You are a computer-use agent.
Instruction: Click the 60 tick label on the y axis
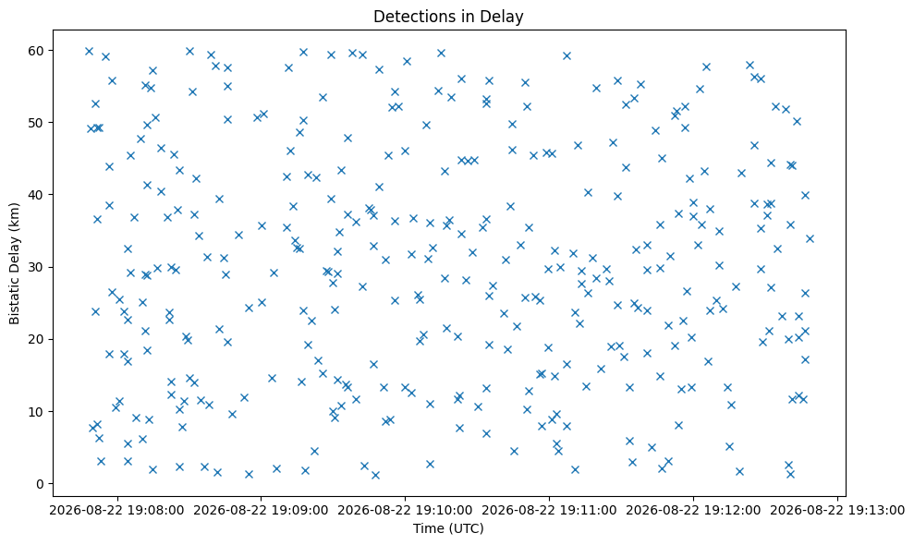(37, 51)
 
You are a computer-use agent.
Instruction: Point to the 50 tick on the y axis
(37, 123)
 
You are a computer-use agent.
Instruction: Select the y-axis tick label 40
(37, 195)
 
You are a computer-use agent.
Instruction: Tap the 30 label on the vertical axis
(37, 267)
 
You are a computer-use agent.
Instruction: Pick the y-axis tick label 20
(37, 339)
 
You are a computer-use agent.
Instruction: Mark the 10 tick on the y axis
(37, 411)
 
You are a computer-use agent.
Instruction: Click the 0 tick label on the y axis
(41, 484)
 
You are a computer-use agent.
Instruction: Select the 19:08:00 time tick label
(117, 511)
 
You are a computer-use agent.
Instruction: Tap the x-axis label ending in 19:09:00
(262, 511)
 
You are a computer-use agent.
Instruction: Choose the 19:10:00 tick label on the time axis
(405, 511)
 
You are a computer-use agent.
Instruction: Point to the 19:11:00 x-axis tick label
(549, 511)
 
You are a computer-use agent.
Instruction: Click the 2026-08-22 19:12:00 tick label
(693, 511)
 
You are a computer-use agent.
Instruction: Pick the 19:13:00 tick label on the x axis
(837, 511)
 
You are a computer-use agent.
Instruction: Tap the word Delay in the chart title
(507, 17)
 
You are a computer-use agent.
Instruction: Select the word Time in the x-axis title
(424, 528)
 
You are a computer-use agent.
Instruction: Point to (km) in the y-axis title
(14, 215)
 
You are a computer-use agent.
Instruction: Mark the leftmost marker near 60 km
(90, 52)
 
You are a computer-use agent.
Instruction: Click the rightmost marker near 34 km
(810, 238)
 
